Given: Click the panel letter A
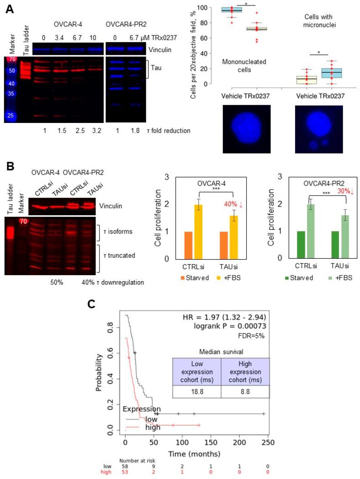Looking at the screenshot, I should pyautogui.click(x=9, y=8).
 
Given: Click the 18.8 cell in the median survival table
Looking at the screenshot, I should pyautogui.click(x=197, y=392).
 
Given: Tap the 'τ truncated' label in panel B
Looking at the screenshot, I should pyautogui.click(x=119, y=255).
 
